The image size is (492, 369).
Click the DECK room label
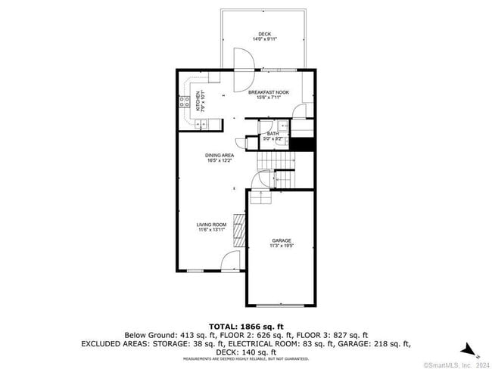point(264,34)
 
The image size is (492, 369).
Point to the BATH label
point(272,134)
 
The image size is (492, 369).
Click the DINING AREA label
point(219,156)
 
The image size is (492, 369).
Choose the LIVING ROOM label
point(212,225)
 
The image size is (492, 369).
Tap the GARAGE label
point(282,240)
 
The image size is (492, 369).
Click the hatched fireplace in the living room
point(239,231)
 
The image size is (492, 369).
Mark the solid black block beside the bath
point(303,144)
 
